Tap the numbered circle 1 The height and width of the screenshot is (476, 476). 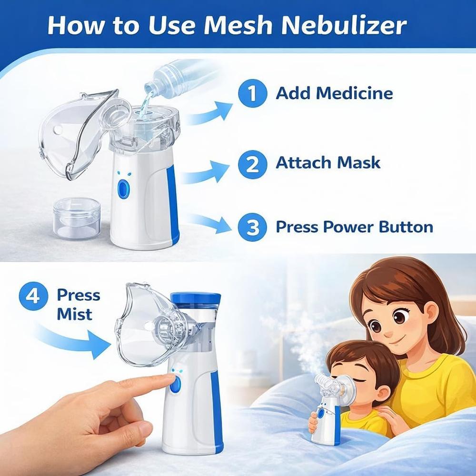tap(251, 92)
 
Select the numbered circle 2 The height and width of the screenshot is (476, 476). tap(251, 164)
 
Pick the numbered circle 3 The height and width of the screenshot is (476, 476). tap(251, 227)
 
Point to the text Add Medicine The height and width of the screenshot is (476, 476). tap(334, 93)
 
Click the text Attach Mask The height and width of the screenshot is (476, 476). tap(328, 163)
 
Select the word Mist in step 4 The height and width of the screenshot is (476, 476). tap(74, 314)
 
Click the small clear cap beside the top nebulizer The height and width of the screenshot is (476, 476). tap(76, 218)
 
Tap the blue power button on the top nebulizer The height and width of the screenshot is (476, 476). tap(124, 189)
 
